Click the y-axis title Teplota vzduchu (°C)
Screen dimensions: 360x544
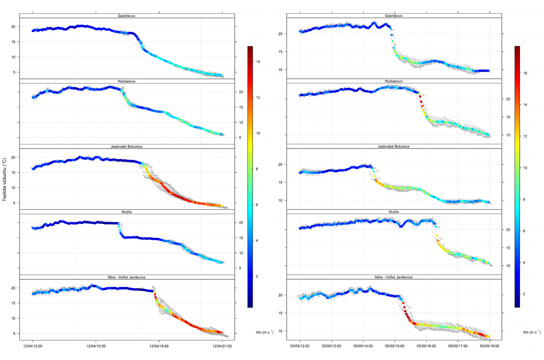pyautogui.click(x=4, y=179)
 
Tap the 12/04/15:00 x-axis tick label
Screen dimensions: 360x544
pyautogui.click(x=96, y=346)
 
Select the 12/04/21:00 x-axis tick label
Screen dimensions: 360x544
pyautogui.click(x=222, y=346)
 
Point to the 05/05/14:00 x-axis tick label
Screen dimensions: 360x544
pyautogui.click(x=363, y=346)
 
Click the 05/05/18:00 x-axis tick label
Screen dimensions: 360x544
pyautogui.click(x=490, y=346)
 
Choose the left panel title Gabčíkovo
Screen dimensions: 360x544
pyautogui.click(x=126, y=16)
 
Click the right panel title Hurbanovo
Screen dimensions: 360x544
pyautogui.click(x=394, y=81)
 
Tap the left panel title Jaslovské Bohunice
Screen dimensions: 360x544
pyautogui.click(x=126, y=147)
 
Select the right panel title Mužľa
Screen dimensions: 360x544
pyautogui.click(x=394, y=212)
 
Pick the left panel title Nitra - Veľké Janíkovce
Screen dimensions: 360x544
pyautogui.click(x=126, y=277)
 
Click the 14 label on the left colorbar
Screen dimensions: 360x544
pyautogui.click(x=258, y=62)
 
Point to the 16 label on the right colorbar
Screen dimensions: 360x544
pyautogui.click(x=525, y=73)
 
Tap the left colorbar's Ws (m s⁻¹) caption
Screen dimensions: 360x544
pyautogui.click(x=265, y=332)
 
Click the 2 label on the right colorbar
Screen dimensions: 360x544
pyautogui.click(x=524, y=294)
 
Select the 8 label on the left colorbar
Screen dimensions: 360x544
pyautogui.click(x=257, y=169)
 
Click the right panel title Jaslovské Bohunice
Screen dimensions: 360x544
pyautogui.click(x=394, y=147)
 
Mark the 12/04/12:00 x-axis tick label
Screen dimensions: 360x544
pyautogui.click(x=33, y=346)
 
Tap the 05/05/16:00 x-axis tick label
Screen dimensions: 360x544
pyautogui.click(x=426, y=346)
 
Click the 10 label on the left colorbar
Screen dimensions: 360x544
pyautogui.click(x=258, y=133)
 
